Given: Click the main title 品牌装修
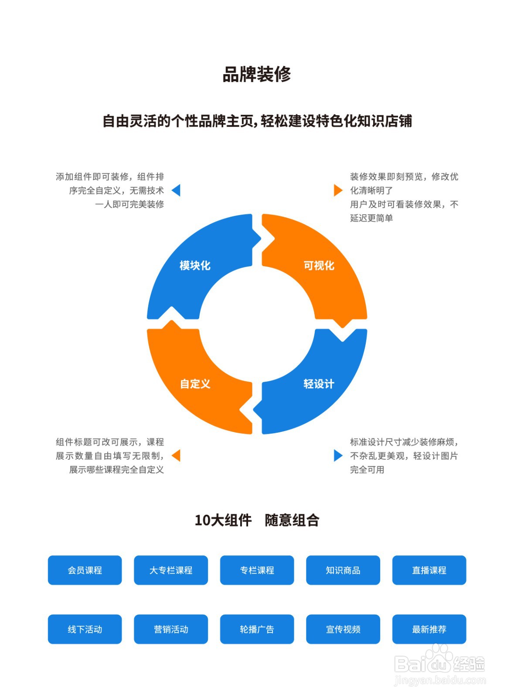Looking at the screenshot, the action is [256, 75].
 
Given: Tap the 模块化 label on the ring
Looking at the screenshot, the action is [195, 265].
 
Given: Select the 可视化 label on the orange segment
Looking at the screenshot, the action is [319, 265].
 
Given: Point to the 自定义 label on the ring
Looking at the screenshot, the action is [195, 384].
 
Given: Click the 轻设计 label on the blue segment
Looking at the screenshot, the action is [319, 384].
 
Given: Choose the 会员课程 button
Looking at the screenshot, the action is [85, 570].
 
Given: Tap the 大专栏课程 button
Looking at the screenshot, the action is [171, 570].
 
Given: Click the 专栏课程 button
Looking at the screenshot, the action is [257, 570].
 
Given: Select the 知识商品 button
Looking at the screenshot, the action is [343, 570].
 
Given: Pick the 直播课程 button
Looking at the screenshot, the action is [429, 570].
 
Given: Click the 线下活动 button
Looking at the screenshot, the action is [85, 629].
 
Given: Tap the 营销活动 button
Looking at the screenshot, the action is [171, 629].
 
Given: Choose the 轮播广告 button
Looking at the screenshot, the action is [257, 629].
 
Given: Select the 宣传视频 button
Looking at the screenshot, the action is [343, 629].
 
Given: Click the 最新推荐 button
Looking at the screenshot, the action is [429, 629].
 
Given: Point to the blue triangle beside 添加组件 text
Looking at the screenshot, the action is [177, 190].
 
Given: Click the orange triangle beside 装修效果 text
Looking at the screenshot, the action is [337, 190].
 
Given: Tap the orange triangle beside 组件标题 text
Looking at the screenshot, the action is [177, 455].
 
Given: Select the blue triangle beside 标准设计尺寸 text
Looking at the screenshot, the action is [337, 455].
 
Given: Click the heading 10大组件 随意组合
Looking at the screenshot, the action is [257, 520].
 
